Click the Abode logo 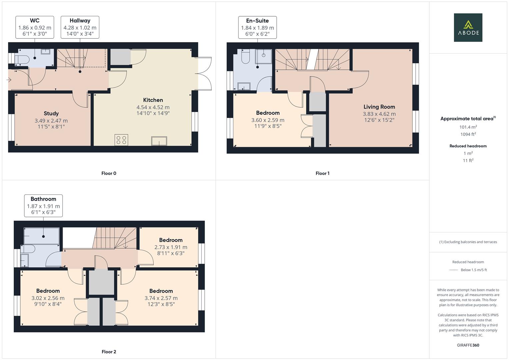pos(468,28)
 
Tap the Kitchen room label pos(153,100)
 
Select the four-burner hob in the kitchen pos(121,140)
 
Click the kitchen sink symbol pos(159,141)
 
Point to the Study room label pos(51,114)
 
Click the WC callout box pos(35,27)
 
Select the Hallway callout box pos(80,27)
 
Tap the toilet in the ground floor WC pos(21,59)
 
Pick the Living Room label pos(379,107)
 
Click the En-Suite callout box pos(257,27)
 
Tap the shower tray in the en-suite pos(264,56)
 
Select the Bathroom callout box pos(43,206)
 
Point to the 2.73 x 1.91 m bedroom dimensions pos(171,247)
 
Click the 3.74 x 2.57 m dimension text pos(161,298)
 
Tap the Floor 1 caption pos(322,173)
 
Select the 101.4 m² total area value pos(468,127)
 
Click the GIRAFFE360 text pos(468,345)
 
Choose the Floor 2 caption pos(109,352)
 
